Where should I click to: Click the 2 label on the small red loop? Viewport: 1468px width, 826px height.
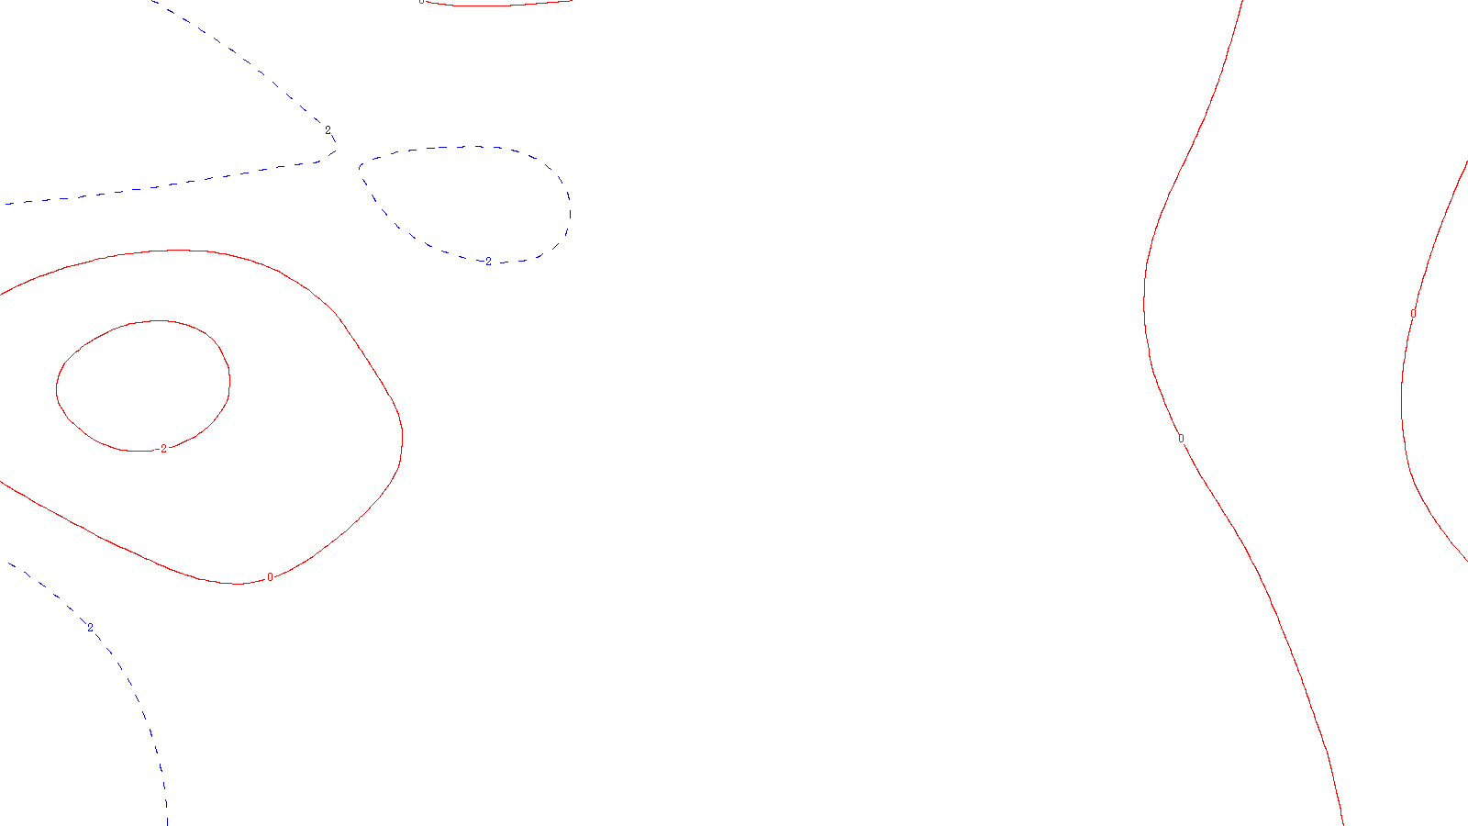click(163, 449)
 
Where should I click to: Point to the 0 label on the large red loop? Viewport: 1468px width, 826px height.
click(270, 577)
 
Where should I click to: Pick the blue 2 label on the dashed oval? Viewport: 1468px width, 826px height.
click(488, 262)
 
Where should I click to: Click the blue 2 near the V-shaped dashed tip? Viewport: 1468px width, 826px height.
click(328, 130)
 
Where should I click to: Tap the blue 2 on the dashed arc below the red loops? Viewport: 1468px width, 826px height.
click(90, 628)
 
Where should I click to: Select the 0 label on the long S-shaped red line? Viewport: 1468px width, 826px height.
click(1181, 439)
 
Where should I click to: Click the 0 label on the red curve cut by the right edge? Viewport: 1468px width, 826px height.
click(1413, 314)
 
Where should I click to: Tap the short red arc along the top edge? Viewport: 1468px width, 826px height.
click(495, 6)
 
